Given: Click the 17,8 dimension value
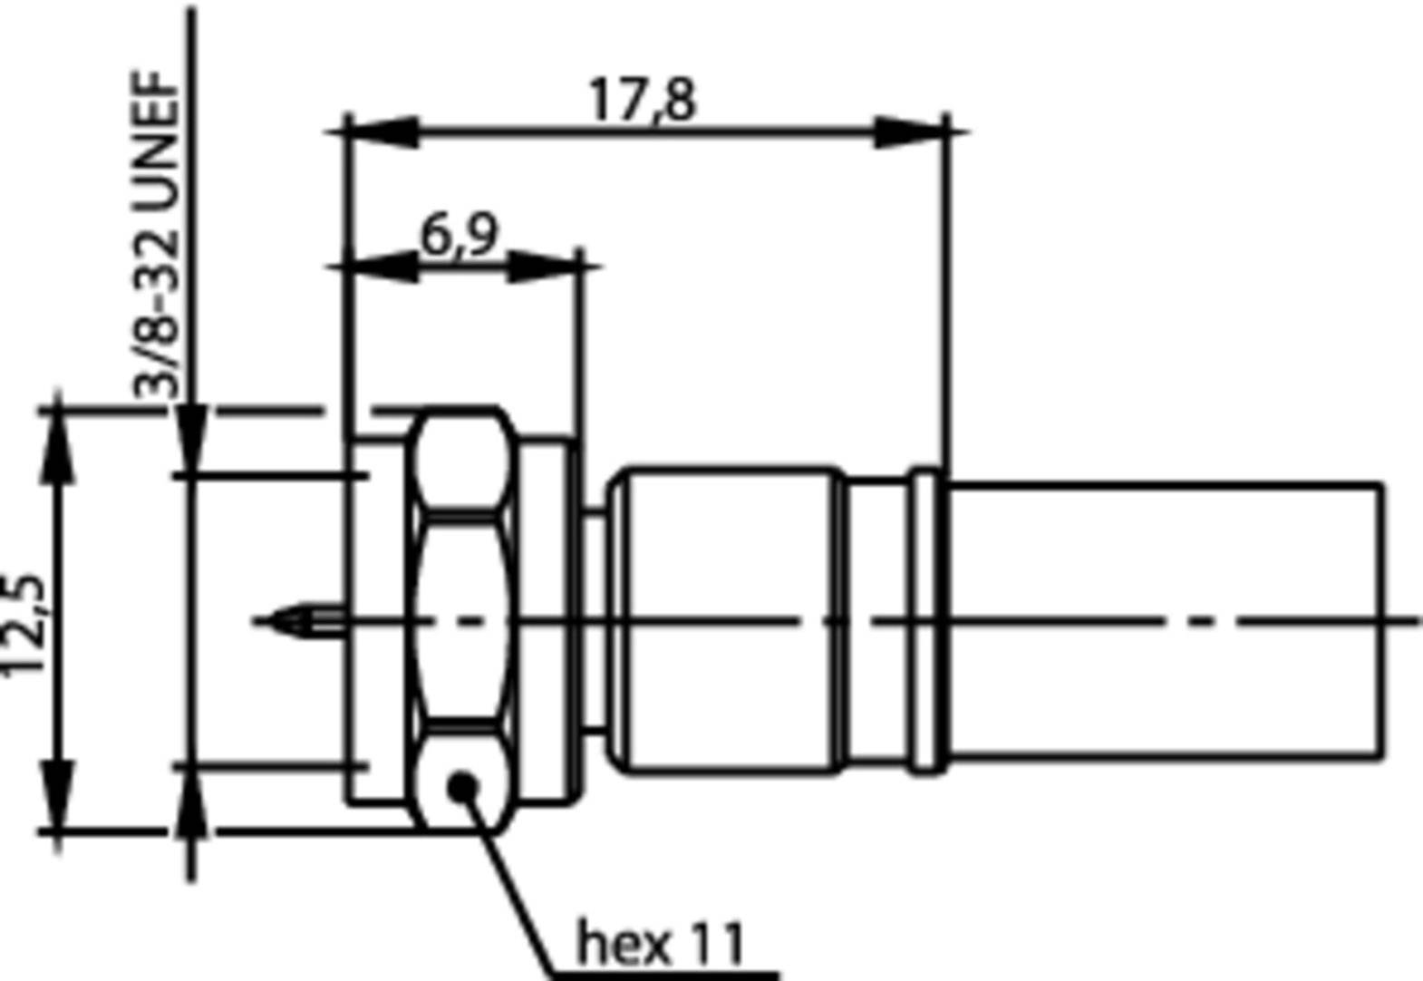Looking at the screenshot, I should tap(643, 100).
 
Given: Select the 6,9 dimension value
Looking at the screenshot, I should tap(460, 236).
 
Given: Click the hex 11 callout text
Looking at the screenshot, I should tap(661, 943).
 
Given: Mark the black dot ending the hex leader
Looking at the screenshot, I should tap(463, 785).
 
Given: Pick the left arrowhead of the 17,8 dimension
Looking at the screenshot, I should tap(381, 132).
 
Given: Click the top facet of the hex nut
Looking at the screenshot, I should tap(460, 462).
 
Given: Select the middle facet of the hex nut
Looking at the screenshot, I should tap(460, 621).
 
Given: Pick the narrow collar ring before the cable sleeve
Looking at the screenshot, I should tap(926, 621).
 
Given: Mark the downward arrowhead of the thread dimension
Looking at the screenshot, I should tap(191, 440).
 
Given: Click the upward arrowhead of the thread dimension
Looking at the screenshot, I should tap(191, 802).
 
